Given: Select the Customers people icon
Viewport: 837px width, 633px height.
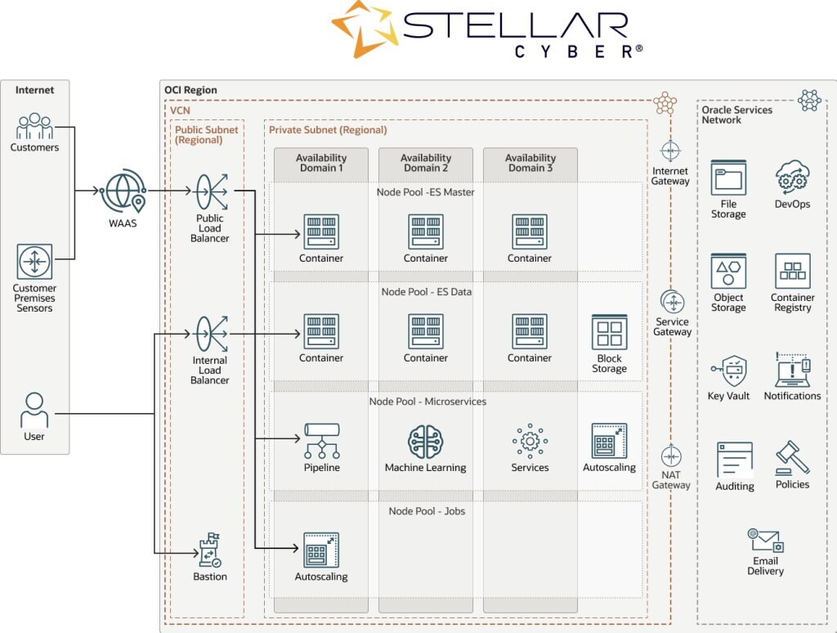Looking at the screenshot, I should [x=34, y=127].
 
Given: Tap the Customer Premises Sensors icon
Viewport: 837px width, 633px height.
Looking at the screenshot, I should [x=34, y=262].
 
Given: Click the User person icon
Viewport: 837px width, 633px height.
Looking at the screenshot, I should [x=34, y=410].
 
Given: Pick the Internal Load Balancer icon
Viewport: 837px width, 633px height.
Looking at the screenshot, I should [x=210, y=334].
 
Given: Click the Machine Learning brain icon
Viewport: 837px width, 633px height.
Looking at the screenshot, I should [x=425, y=442].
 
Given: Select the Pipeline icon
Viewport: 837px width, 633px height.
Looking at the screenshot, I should [x=321, y=442].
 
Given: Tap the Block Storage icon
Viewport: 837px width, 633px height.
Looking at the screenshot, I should [x=609, y=333].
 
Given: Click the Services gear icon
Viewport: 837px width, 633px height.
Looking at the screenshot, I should [x=530, y=442].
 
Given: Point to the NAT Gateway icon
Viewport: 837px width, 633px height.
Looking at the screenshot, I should [x=671, y=456].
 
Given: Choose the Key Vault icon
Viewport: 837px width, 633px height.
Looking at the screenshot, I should [x=728, y=372].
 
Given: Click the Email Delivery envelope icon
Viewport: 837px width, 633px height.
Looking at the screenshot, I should [x=766, y=541].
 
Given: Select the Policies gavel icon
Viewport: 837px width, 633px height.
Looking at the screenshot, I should [x=792, y=458].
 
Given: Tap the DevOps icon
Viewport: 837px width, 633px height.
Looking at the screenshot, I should [x=792, y=177].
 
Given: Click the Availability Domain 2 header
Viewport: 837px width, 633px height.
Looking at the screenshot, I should [x=426, y=163].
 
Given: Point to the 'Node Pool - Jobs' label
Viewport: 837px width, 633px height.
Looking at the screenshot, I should [x=427, y=511].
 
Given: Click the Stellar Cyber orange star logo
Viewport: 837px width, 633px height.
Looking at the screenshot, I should [x=363, y=29].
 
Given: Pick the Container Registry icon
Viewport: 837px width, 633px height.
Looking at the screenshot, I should [x=792, y=271].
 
